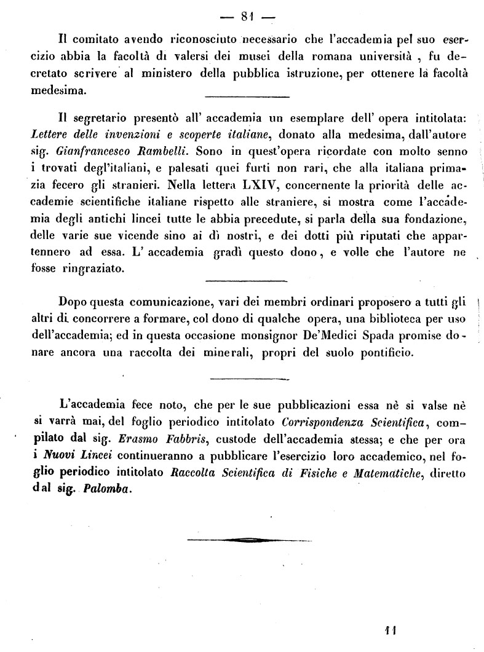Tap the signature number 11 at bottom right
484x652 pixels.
(389, 630)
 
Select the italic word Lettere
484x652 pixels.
(50, 135)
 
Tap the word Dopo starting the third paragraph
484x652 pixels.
(73, 302)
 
